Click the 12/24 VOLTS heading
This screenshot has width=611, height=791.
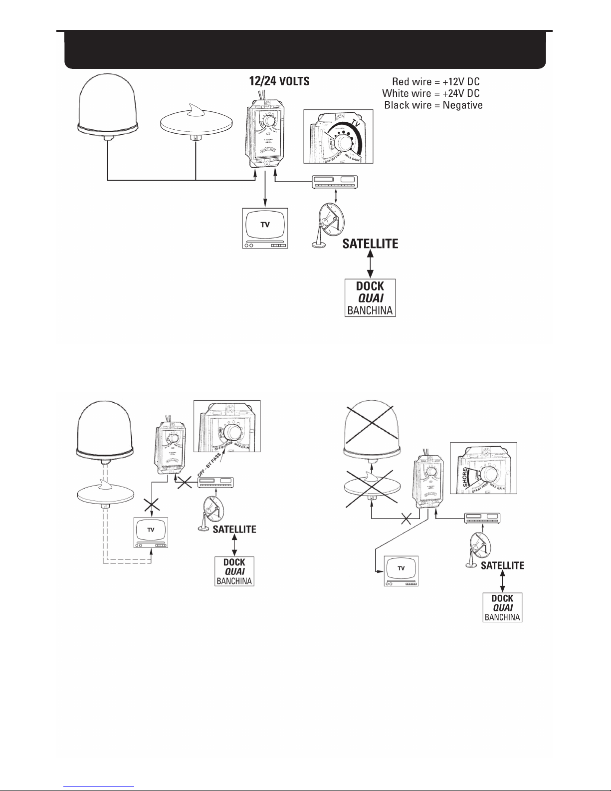click(x=279, y=81)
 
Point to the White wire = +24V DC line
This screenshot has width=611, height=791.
click(x=431, y=93)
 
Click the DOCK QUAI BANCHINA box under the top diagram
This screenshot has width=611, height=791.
click(x=370, y=298)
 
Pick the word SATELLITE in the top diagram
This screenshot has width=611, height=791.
click(x=370, y=244)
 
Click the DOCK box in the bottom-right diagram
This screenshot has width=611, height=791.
click(x=503, y=607)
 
